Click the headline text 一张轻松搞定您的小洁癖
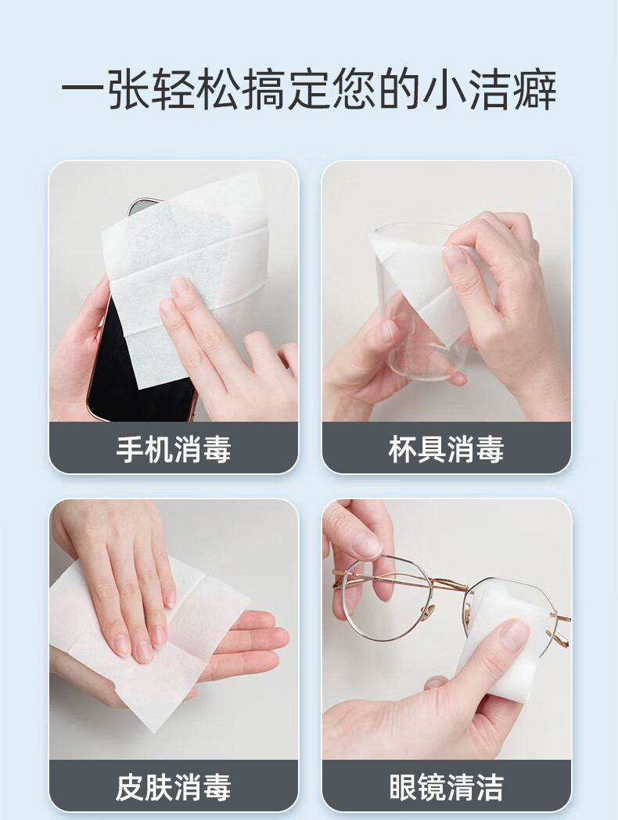pyautogui.click(x=309, y=89)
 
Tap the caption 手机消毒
pyautogui.click(x=174, y=448)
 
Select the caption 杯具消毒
pyautogui.click(x=446, y=448)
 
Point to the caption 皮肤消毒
pyautogui.click(x=174, y=787)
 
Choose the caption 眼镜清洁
pyautogui.click(x=446, y=787)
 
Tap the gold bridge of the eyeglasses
pyautogui.click(x=444, y=581)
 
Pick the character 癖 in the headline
pyautogui.click(x=535, y=89)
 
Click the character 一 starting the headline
pyautogui.click(x=83, y=89)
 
